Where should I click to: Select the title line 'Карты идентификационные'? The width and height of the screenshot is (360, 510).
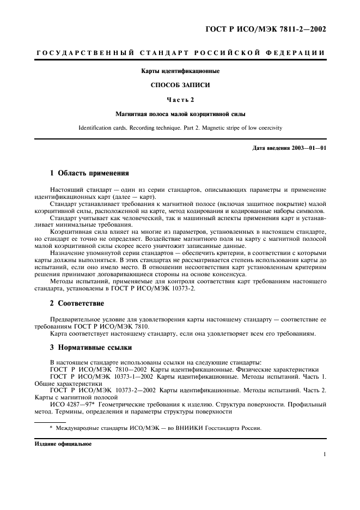[x=180, y=71]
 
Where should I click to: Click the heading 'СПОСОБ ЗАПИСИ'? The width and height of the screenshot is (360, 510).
[x=180, y=85]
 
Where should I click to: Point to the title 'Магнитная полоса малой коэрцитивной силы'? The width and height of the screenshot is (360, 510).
[x=180, y=114]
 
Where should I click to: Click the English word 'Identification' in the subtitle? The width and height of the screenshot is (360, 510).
[x=97, y=128]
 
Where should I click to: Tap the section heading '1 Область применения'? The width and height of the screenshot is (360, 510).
[x=89, y=173]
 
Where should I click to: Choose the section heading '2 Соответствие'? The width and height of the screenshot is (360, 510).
[x=77, y=303]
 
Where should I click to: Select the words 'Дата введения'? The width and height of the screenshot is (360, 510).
[x=270, y=148]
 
